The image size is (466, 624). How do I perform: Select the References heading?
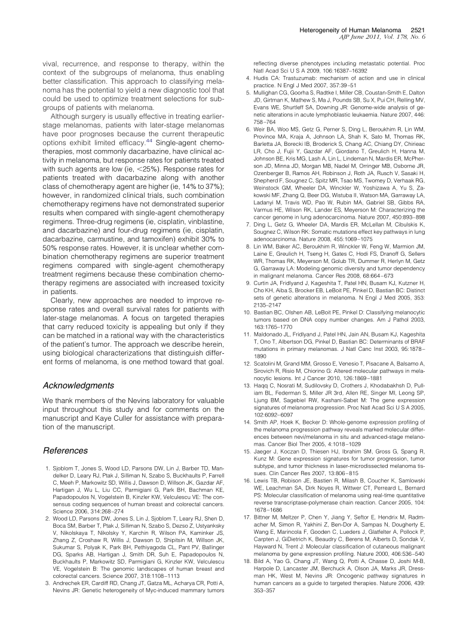(x=66, y=450)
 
